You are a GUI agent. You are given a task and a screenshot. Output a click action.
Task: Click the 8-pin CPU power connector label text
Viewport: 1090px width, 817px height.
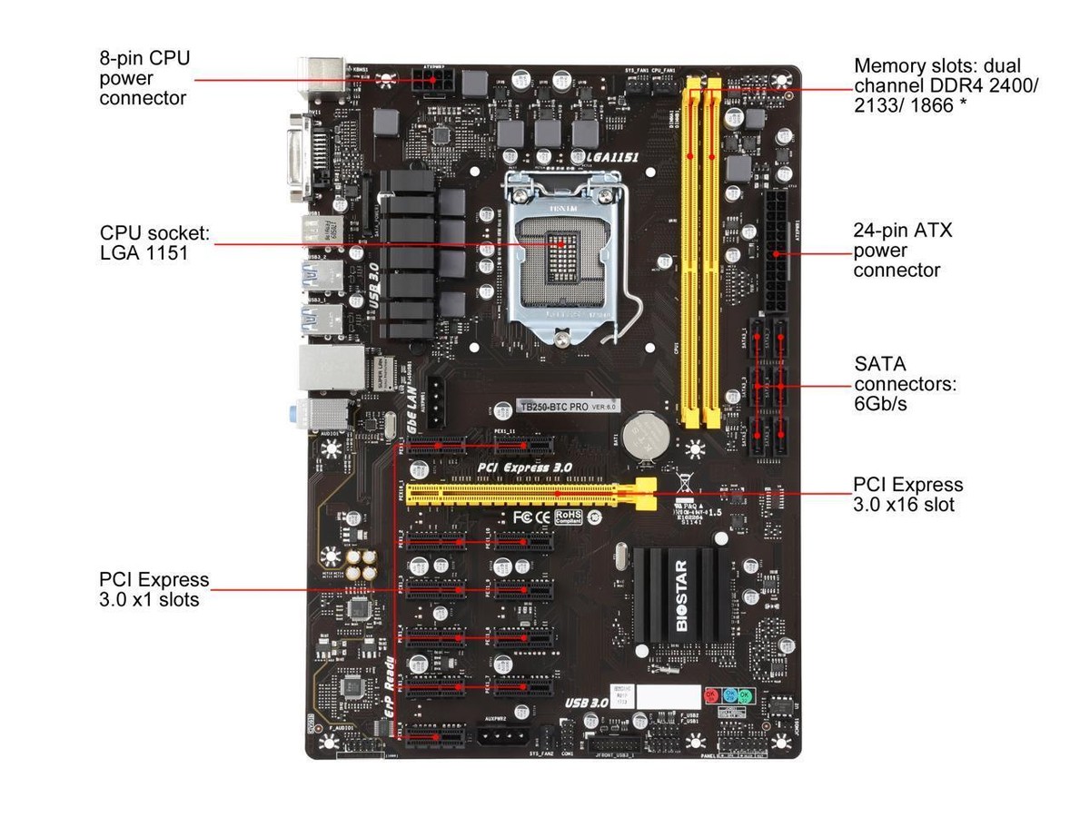[145, 78]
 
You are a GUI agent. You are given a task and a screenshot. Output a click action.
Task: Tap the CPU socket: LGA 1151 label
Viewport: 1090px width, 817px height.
[155, 243]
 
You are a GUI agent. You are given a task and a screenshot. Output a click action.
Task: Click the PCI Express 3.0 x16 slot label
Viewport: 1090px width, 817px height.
[907, 495]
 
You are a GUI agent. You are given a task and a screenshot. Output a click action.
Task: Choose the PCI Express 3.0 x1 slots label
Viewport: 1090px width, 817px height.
[154, 589]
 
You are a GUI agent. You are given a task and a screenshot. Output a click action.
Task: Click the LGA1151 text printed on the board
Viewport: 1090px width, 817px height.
[613, 157]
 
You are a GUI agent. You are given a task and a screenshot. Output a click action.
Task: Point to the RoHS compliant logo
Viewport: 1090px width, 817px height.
[569, 517]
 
